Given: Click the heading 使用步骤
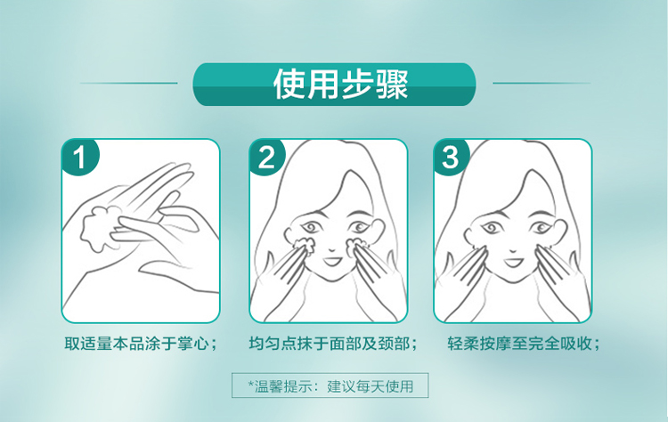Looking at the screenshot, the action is (x=340, y=84).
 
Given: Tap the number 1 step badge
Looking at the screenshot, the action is (x=80, y=157).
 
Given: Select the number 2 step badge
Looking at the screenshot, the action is (x=267, y=157).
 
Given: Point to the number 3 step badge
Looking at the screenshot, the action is (x=452, y=157).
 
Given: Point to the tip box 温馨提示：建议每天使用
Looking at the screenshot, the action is (x=330, y=385).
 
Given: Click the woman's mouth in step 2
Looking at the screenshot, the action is (x=331, y=260).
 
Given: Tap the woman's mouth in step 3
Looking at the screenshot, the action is (x=513, y=261).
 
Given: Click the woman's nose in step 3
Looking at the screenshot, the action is (x=513, y=248).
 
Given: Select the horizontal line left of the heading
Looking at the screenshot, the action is (x=128, y=83).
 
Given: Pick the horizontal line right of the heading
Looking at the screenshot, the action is (x=542, y=83).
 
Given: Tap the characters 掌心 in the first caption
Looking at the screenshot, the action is (x=193, y=344).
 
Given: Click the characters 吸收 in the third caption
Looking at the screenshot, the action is (x=576, y=344).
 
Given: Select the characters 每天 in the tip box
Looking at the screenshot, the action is (x=370, y=386).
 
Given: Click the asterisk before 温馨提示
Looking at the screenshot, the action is (x=251, y=384).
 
